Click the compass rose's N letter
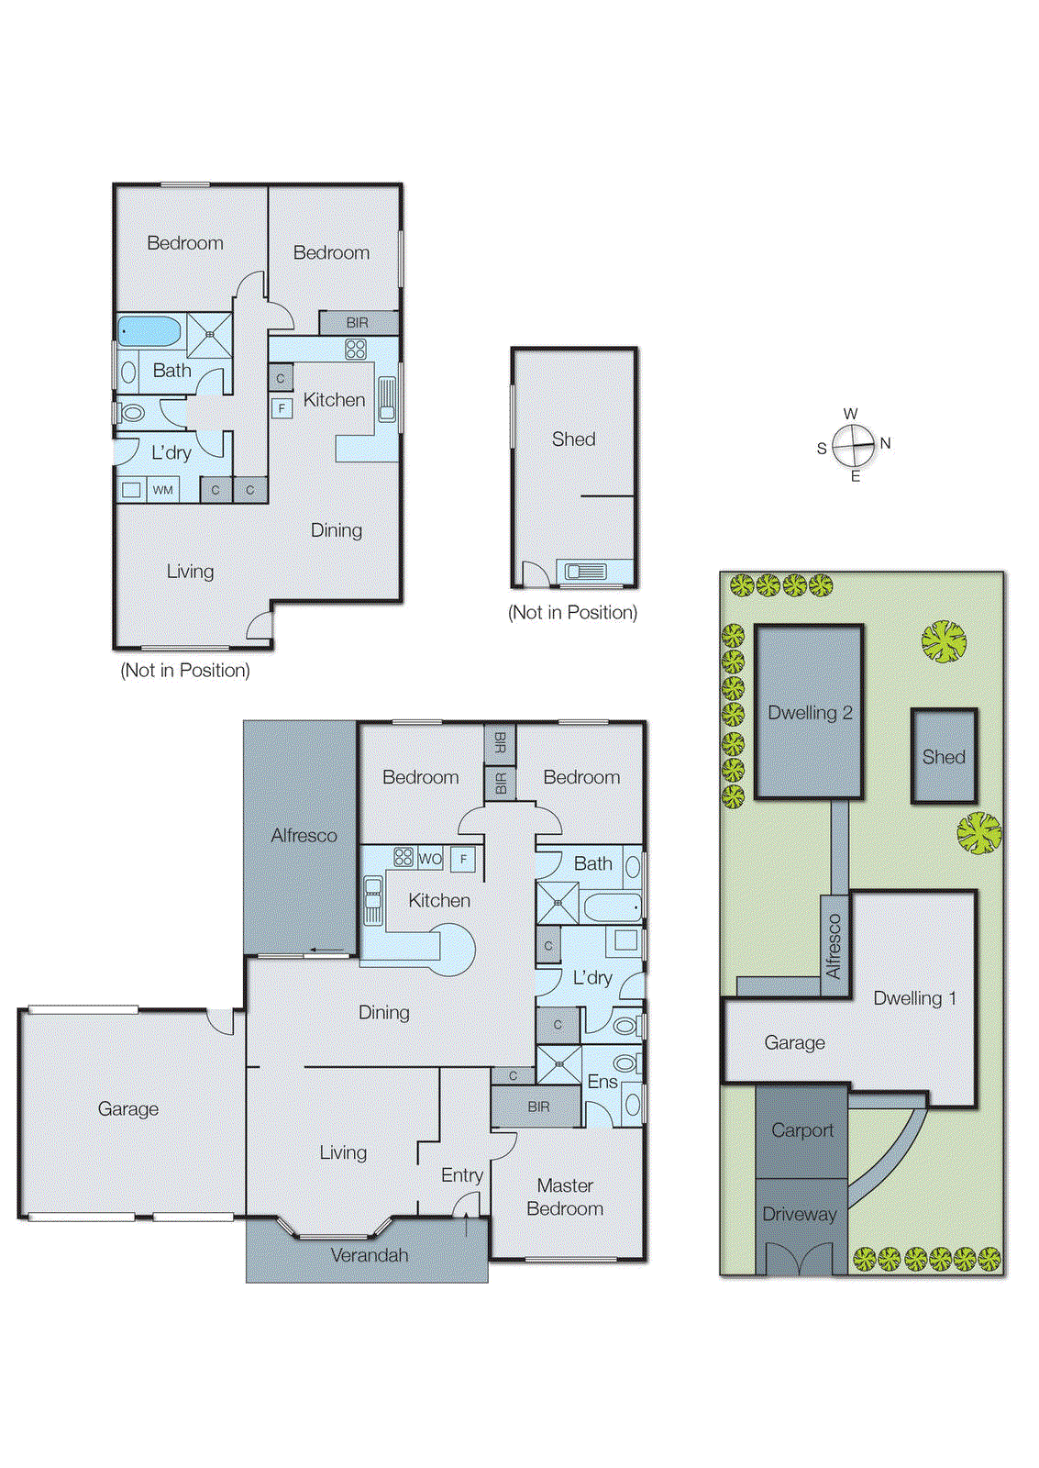885,443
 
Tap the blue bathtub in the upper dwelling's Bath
149,331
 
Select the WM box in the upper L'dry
163,490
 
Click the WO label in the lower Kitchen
430,860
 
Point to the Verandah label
369,1255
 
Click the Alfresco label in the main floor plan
304,836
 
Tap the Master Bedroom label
565,1197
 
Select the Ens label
602,1082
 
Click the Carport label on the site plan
802,1130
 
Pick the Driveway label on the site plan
799,1214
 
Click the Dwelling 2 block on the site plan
809,713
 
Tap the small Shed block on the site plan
944,757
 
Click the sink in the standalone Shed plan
585,572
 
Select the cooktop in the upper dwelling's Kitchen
356,349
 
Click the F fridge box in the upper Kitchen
282,407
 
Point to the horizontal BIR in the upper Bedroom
358,323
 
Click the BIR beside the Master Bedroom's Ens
538,1107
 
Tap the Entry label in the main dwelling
461,1175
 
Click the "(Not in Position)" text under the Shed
572,613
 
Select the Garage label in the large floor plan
128,1109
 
